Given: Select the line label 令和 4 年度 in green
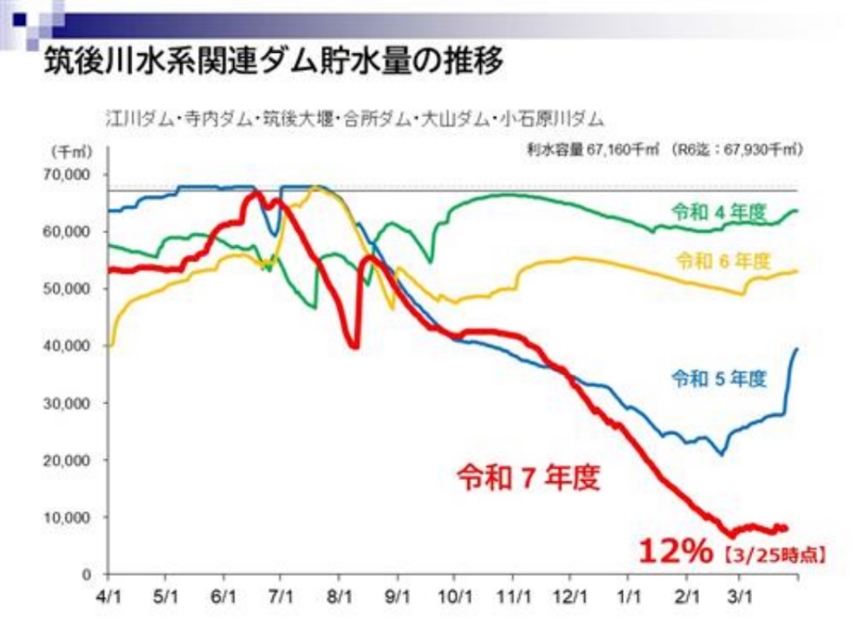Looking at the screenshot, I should (717, 210).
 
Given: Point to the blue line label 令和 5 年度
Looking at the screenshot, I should (718, 378).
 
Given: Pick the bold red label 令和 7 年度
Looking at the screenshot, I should (529, 477).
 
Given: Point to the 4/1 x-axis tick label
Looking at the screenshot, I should (108, 597).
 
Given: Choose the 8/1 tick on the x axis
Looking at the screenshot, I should (340, 597).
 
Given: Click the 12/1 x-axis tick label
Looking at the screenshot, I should (571, 597).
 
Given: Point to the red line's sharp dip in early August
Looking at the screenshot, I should (353, 346).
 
